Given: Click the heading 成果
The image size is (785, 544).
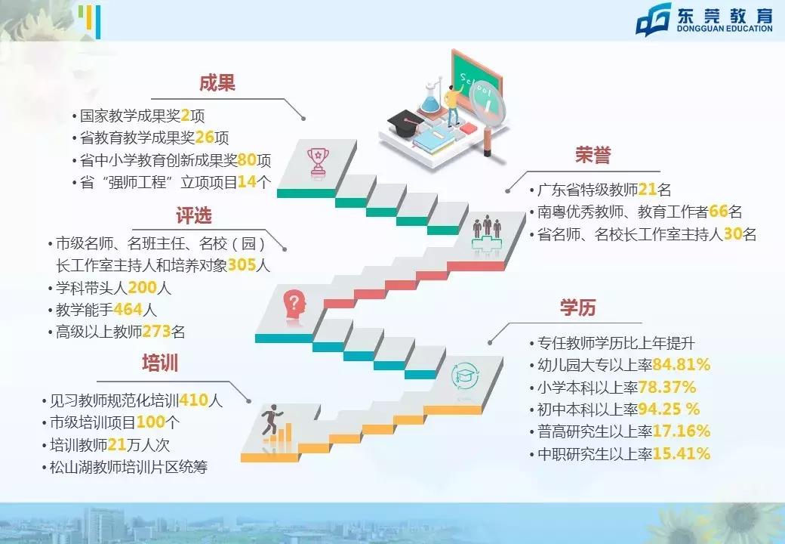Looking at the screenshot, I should click(217, 83).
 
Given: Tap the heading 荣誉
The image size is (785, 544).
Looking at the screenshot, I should click(593, 156).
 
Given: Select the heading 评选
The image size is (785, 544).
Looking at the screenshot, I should click(194, 216).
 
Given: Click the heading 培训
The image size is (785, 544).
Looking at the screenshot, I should click(160, 363).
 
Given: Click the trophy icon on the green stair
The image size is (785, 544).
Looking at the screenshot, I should click(317, 160).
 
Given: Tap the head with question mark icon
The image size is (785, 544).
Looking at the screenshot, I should click(294, 305).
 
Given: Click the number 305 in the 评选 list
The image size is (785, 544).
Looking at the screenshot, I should click(239, 266).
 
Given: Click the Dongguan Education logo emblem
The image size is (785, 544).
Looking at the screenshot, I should click(653, 20).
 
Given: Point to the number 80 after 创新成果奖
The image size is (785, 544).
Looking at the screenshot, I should click(245, 160).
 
